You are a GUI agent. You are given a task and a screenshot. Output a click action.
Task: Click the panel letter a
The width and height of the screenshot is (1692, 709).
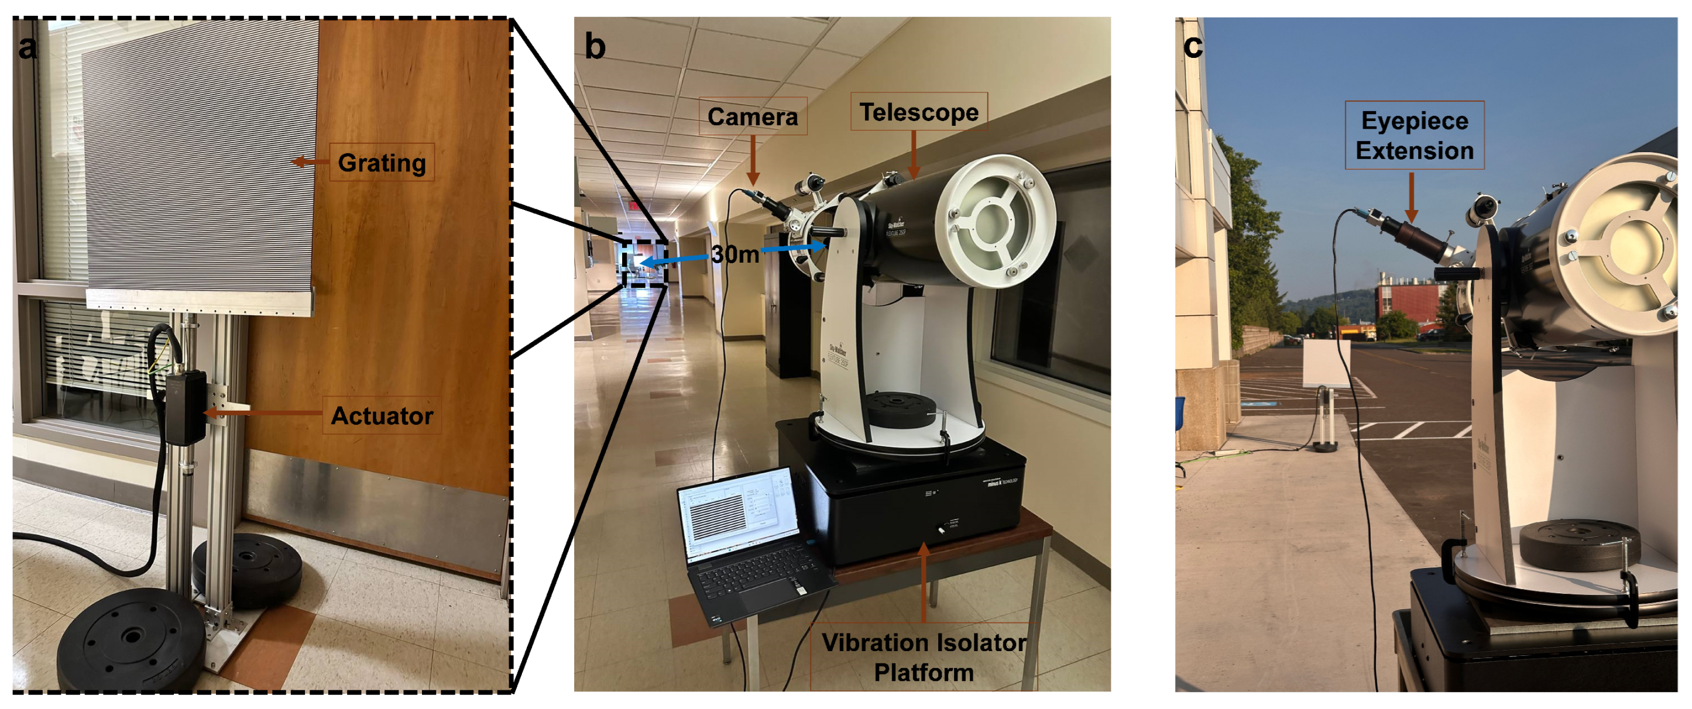point(28,48)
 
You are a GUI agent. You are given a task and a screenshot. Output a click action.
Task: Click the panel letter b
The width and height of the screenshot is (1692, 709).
point(595,47)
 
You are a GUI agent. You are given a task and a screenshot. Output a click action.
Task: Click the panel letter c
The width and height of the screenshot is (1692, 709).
point(1193,46)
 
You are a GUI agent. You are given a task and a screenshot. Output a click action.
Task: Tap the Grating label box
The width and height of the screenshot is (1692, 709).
point(382,162)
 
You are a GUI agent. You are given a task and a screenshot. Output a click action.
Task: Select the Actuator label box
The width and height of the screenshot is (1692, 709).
point(382,415)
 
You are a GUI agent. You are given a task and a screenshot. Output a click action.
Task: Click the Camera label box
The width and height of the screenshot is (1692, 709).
point(753,117)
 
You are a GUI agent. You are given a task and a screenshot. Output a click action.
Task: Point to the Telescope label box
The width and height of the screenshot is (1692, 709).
point(919,112)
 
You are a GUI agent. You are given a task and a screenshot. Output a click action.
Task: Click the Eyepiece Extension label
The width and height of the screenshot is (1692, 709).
point(1414,135)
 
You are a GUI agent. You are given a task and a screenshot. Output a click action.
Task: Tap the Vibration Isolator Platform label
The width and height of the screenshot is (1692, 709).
point(924,656)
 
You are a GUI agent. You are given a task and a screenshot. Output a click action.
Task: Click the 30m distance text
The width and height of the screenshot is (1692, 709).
point(735,254)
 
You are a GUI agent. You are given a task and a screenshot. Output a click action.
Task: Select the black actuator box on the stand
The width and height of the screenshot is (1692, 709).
point(184,408)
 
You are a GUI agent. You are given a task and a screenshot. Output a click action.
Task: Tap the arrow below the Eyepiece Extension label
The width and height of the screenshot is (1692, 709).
point(1412,197)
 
